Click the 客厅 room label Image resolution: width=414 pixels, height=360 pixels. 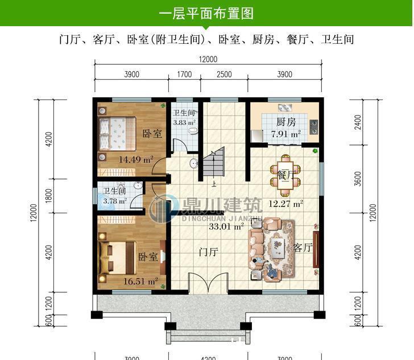pyautogui.click(x=303, y=247)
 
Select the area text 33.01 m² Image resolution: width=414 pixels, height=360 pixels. pyautogui.click(x=226, y=226)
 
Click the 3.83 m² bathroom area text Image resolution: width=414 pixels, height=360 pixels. pyautogui.click(x=184, y=122)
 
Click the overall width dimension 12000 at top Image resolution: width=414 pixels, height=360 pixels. pyautogui.click(x=208, y=60)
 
